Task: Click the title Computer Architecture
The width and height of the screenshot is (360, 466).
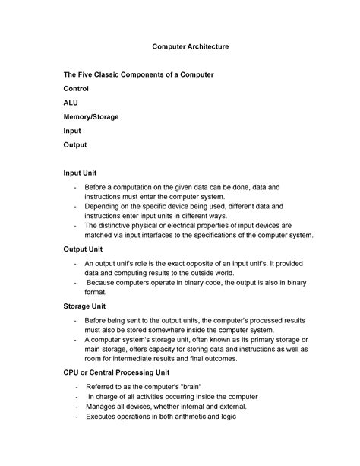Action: pyautogui.click(x=191, y=47)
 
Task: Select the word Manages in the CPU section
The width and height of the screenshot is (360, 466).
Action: pyautogui.click(x=103, y=407)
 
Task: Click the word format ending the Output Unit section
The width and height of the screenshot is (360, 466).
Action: pyautogui.click(x=96, y=291)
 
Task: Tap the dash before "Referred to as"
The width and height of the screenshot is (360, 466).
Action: pyautogui.click(x=77, y=387)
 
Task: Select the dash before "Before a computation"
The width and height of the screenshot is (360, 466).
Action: pyautogui.click(x=75, y=187)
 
